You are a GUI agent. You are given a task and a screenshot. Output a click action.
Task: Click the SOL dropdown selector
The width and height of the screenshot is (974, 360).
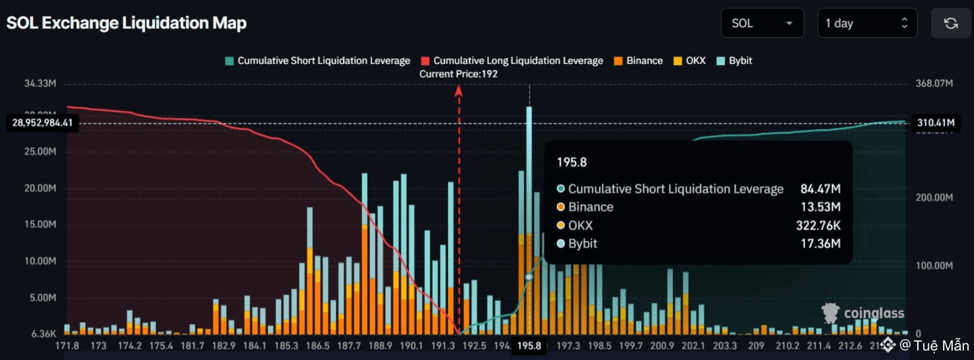[x=762, y=23]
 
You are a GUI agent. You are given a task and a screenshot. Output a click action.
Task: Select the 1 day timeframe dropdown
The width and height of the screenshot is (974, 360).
[x=867, y=23]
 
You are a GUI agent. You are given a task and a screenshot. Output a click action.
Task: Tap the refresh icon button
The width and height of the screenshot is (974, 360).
[x=950, y=23]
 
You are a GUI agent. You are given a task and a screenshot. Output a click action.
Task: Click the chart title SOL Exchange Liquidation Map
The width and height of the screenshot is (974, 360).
[x=126, y=23]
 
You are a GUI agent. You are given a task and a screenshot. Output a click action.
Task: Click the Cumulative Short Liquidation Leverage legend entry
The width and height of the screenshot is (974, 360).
[x=318, y=60]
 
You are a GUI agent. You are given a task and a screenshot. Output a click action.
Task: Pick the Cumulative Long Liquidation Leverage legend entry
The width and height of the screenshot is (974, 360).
[x=512, y=60]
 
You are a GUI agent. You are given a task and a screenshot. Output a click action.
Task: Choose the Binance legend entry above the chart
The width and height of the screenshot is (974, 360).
[x=638, y=60]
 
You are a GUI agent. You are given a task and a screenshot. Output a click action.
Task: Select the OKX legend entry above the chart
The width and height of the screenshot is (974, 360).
[x=690, y=60]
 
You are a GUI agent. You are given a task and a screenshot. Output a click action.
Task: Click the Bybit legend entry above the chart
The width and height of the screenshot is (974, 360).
[x=735, y=60]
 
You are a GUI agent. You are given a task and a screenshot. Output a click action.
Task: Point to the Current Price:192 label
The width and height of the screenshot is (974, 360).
[x=458, y=74]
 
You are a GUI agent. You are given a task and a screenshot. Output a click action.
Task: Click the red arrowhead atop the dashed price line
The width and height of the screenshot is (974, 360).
[x=458, y=91]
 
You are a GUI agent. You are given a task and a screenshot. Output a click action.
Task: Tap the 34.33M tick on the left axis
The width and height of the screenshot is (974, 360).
[x=40, y=83]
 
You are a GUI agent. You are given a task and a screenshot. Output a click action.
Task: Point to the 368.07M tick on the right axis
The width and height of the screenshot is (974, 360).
[x=934, y=83]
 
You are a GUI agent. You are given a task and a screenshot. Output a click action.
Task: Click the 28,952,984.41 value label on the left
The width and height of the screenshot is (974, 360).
[x=43, y=123]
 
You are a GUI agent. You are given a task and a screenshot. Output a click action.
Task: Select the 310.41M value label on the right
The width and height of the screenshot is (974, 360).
[x=935, y=123]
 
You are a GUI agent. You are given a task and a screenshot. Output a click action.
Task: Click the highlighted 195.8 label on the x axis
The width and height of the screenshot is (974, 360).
[x=529, y=346]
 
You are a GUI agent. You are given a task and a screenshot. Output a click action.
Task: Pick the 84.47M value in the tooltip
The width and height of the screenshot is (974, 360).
[x=820, y=189]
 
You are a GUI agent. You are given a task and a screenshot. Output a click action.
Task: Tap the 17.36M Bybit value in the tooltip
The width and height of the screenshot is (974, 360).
[x=820, y=243]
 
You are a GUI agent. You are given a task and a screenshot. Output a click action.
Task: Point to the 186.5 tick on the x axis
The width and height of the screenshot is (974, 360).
[x=317, y=346]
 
